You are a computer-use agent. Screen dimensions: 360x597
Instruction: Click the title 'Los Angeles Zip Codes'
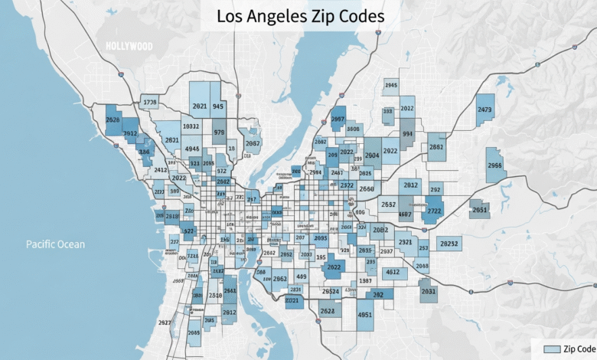tap(300, 15)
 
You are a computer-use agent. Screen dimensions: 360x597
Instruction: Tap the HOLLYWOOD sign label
tap(129, 47)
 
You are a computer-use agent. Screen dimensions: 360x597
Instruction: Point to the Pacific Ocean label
tap(55, 244)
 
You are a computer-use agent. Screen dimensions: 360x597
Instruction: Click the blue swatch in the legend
tap(551, 349)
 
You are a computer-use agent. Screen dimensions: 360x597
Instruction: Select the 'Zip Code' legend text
tap(579, 349)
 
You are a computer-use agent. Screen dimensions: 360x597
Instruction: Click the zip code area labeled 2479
tap(484, 110)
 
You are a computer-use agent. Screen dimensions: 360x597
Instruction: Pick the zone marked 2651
tap(479, 209)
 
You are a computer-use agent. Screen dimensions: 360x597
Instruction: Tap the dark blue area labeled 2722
tap(434, 211)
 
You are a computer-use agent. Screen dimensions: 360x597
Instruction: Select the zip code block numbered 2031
tap(429, 291)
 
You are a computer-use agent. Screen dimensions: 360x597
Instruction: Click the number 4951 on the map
tap(365, 314)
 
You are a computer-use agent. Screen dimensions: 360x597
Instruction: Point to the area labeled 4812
tap(392, 272)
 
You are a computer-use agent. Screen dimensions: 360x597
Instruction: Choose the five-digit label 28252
tap(448, 244)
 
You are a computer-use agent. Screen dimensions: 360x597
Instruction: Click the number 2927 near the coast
tap(164, 322)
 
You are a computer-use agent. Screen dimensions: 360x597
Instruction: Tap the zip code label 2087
tap(253, 143)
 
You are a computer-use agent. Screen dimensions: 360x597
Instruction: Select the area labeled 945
tap(218, 107)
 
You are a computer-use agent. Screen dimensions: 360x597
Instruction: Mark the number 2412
tap(161, 169)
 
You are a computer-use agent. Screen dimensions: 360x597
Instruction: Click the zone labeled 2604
tap(372, 155)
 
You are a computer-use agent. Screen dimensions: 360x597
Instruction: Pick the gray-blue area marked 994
tap(408, 133)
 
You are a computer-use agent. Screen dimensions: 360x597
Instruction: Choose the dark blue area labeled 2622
tap(334, 267)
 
